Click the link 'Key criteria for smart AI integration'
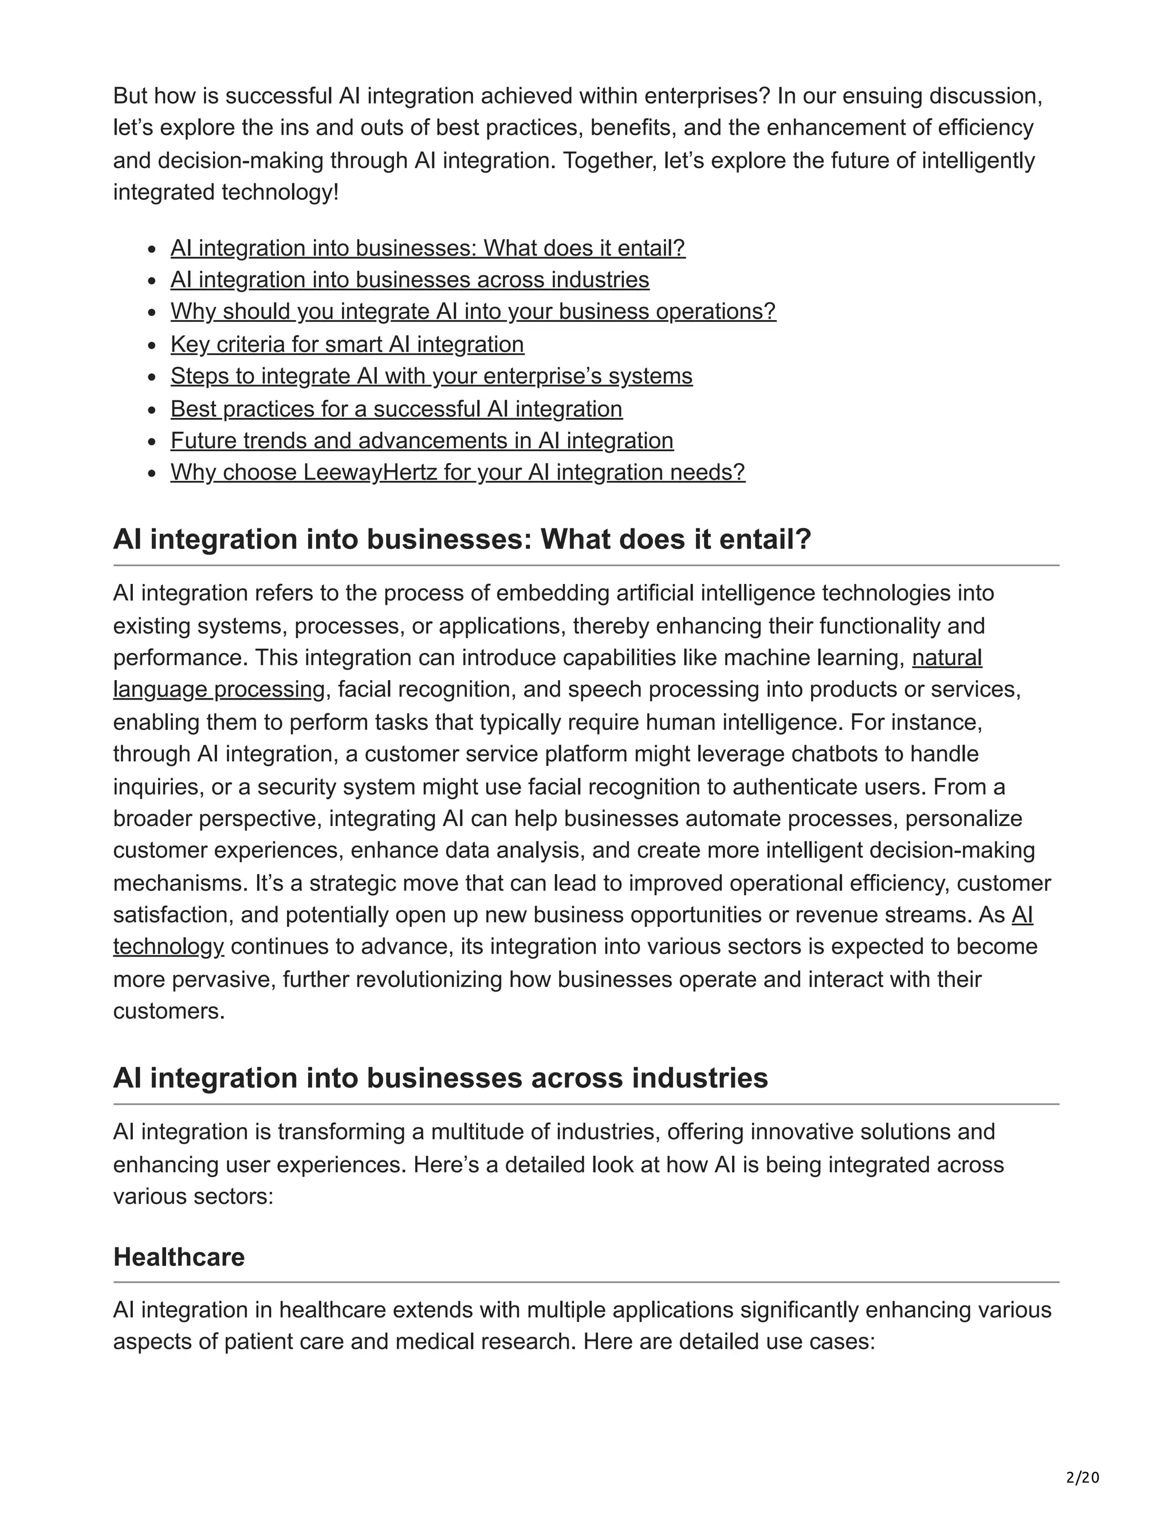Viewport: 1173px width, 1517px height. point(347,345)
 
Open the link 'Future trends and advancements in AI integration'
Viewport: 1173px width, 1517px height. point(422,440)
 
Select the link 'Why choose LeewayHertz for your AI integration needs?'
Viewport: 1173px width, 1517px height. point(457,472)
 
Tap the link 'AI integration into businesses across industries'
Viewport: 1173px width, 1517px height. point(410,280)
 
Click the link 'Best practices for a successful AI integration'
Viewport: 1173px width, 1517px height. point(396,409)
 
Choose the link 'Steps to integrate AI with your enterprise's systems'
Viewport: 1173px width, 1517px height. point(431,376)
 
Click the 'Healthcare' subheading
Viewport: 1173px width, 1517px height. point(179,1257)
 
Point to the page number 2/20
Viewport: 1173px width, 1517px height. point(1082,1477)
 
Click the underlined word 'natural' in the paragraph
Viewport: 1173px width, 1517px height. point(946,657)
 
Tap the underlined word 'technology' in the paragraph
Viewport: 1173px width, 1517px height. point(168,947)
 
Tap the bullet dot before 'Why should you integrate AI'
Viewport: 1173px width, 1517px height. point(153,313)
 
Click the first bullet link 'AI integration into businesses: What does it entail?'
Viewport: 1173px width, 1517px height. point(427,248)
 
